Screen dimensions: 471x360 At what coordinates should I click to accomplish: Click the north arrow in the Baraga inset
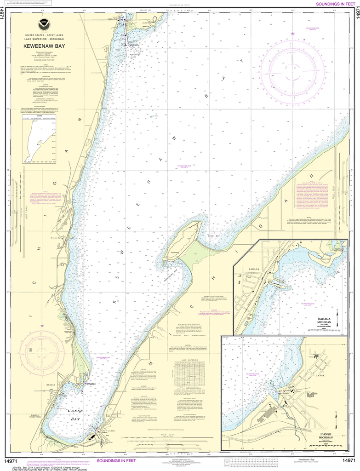tap(337, 317)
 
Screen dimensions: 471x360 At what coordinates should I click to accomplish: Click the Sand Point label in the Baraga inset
tap(326, 260)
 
